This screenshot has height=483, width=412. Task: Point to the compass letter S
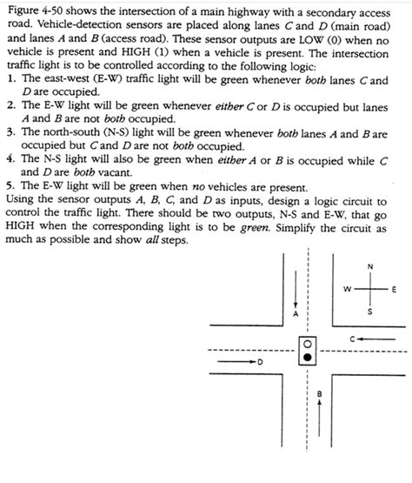[x=369, y=312]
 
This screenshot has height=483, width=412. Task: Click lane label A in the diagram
[x=296, y=312]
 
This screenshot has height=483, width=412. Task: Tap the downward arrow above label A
[x=296, y=283]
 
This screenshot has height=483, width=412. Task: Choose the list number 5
[x=8, y=185]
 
